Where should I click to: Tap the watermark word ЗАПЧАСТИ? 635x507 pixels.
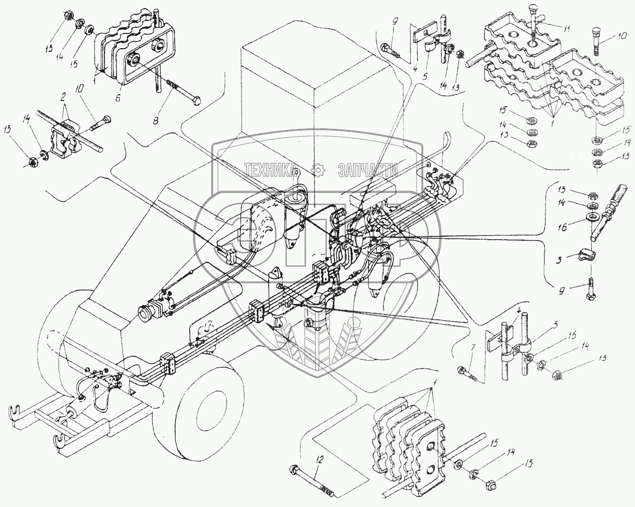pos(368,170)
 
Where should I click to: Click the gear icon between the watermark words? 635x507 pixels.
pos(317,169)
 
